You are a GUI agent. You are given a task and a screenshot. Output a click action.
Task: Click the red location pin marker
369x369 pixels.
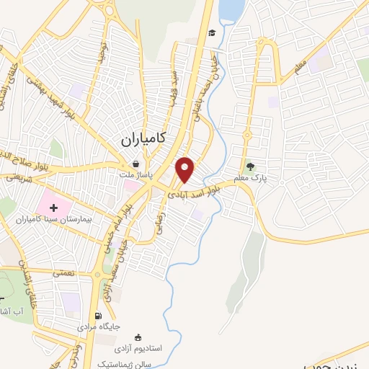coord(186,169)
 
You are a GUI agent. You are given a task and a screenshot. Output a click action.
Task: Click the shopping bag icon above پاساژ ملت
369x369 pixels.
coord(135,164)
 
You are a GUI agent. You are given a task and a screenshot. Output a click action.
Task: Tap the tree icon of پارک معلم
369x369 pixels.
coord(251,165)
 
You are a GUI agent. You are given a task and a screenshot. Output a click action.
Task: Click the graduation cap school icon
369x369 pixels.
coord(212,33)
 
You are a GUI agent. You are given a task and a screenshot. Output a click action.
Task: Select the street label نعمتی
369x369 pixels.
coord(62,272)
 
